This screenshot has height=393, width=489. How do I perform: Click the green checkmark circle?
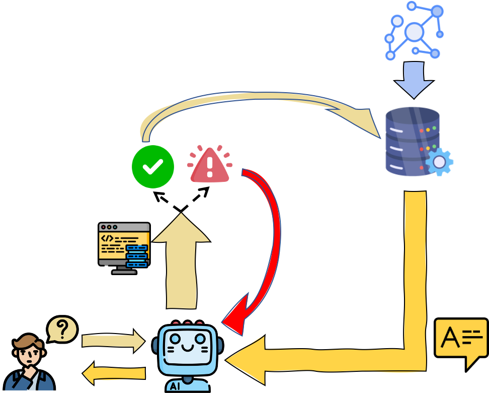[x=153, y=167]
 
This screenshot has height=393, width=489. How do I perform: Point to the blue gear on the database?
[x=439, y=162]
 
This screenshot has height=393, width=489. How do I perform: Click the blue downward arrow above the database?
[x=414, y=80]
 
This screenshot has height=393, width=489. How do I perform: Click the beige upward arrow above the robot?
[x=181, y=262]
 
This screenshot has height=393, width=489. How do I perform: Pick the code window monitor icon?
[x=124, y=247]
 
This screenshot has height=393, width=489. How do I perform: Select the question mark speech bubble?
[x=62, y=330]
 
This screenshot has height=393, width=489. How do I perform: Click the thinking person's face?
[x=30, y=356]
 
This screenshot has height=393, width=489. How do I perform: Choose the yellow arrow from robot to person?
[x=113, y=374]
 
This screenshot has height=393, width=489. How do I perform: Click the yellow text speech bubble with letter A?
[x=461, y=339]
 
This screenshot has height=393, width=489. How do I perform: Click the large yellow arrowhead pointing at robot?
[x=247, y=360]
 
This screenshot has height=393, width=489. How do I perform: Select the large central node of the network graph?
[x=414, y=32]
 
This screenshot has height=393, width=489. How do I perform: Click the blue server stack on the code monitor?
[x=137, y=256]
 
